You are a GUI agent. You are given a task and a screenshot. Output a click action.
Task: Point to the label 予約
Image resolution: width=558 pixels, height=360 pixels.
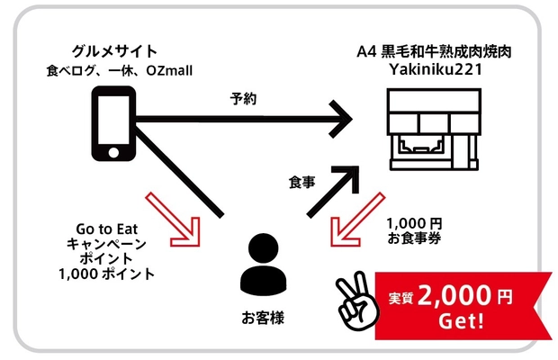tap(244, 99)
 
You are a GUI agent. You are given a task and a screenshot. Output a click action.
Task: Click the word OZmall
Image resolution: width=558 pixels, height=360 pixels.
tap(171, 70)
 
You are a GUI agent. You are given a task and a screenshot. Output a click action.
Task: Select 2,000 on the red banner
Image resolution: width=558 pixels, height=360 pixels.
tap(458, 295)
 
